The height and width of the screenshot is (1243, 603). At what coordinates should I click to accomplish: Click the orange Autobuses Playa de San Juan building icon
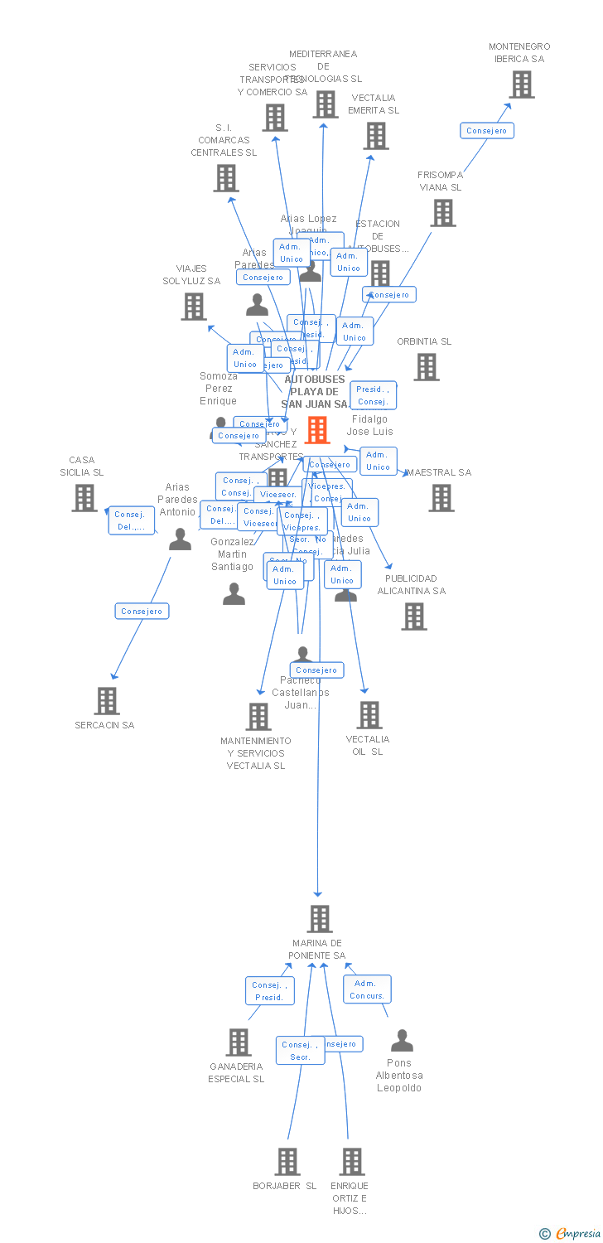pos(317,430)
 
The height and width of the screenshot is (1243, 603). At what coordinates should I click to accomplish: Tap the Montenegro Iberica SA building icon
pos(522,85)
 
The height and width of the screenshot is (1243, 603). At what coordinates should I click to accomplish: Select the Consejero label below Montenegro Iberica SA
pos(487,131)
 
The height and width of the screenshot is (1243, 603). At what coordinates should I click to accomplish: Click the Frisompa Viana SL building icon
pos(443,213)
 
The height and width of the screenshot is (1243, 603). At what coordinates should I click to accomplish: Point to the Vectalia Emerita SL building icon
pos(376,136)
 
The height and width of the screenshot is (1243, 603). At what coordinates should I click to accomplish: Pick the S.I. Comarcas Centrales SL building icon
pos(226,178)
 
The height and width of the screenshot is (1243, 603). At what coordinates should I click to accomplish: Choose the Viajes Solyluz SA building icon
pos(194,307)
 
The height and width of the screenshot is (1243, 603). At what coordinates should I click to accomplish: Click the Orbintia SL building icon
pos(427,366)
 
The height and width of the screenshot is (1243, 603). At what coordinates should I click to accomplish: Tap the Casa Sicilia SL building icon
pos(84,498)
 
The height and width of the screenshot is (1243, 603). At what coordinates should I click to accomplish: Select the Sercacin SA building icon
pos(107,701)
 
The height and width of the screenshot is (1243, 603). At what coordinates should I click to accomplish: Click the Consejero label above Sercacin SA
pos(142,612)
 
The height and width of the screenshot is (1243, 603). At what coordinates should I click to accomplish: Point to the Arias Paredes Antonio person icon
pos(180,539)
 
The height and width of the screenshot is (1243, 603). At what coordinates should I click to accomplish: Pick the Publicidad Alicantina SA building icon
pos(414,617)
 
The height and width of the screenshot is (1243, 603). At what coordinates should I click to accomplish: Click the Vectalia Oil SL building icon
pos(369,715)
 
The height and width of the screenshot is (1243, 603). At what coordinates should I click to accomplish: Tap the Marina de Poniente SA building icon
pos(320,919)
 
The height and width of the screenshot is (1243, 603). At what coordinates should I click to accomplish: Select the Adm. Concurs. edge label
pos(367,989)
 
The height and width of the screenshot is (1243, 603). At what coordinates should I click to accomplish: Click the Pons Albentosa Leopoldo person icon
pos(402,1041)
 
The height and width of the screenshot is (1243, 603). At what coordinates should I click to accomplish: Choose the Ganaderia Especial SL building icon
pos(239,1042)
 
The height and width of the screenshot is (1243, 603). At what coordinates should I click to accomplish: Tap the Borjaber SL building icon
pos(287,1162)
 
